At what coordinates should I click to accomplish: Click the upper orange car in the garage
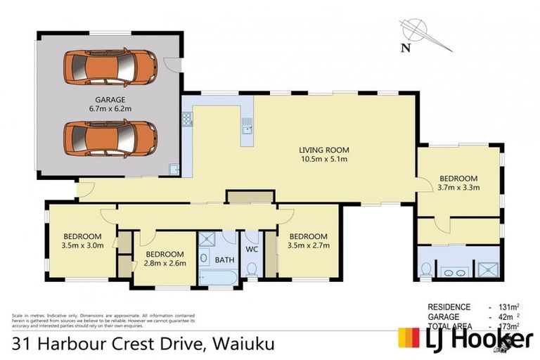(111, 66)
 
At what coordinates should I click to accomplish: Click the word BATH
(224, 260)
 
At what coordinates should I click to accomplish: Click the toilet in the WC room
(252, 269)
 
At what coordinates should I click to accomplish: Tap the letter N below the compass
(404, 48)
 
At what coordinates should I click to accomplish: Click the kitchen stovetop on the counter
(187, 120)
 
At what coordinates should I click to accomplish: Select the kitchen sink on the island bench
(247, 127)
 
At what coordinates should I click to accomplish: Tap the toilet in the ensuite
(426, 269)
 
